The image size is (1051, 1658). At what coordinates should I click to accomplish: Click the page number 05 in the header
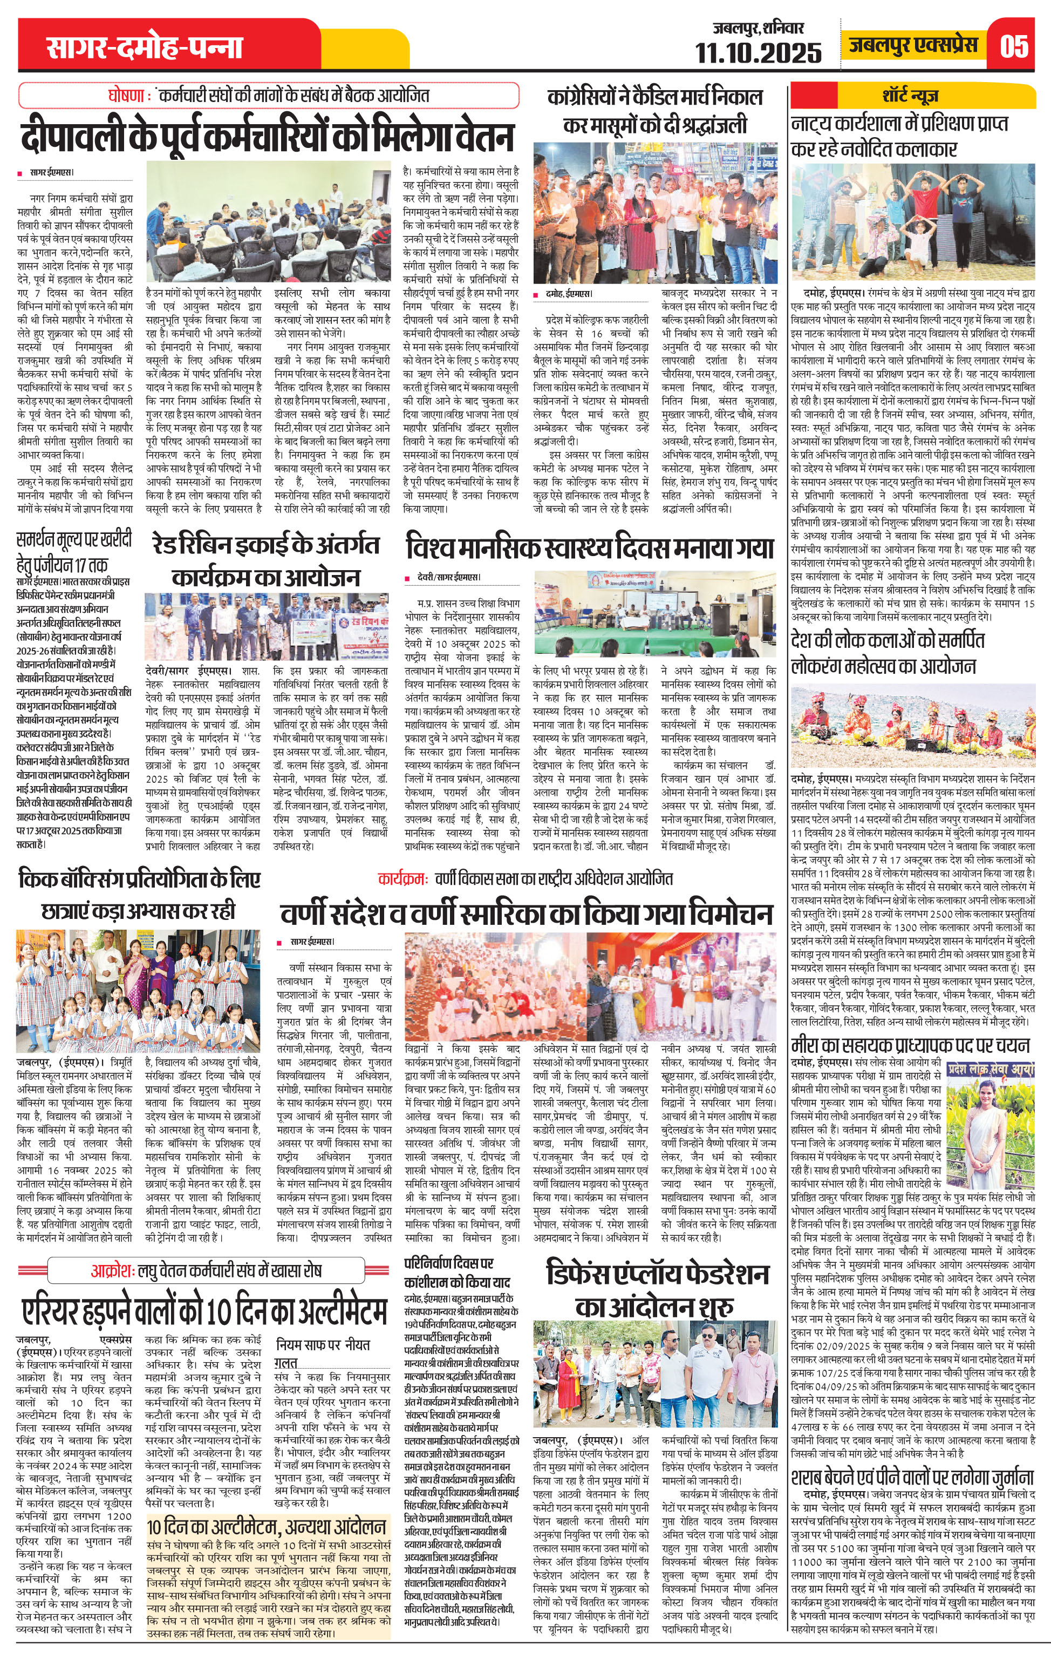pyautogui.click(x=1014, y=47)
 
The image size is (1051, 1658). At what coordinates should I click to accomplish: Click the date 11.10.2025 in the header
pyautogui.click(x=759, y=52)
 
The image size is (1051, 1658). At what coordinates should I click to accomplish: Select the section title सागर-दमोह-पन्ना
pyautogui.click(x=145, y=48)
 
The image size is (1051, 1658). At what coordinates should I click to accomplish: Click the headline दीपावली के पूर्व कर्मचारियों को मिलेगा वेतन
pyautogui.click(x=267, y=135)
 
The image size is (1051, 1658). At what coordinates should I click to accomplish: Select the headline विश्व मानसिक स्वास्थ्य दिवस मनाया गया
pyautogui.click(x=589, y=549)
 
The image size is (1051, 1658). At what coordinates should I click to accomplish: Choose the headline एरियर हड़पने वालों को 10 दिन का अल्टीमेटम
pyautogui.click(x=204, y=1310)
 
